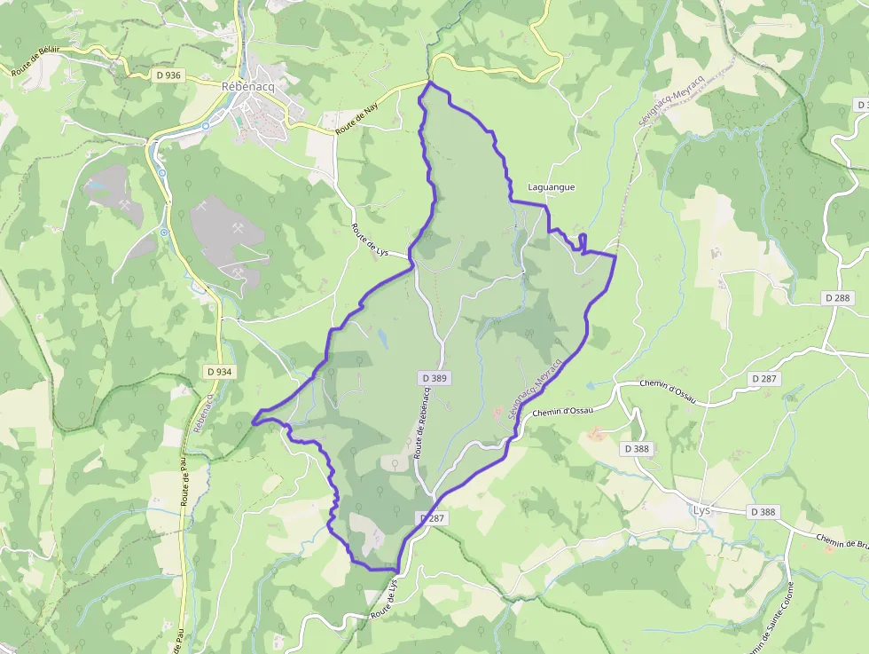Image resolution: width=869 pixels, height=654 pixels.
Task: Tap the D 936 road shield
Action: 168,75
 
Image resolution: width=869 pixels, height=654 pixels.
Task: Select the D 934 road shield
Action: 218,371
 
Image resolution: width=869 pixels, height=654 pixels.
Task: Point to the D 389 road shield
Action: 434,378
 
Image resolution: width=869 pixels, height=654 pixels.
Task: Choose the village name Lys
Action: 701,510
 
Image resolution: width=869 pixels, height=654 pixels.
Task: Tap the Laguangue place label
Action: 552,187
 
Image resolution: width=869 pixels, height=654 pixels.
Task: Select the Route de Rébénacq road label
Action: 424,424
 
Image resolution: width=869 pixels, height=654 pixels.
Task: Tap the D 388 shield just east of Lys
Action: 763,512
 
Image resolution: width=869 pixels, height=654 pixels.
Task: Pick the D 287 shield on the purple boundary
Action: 430,518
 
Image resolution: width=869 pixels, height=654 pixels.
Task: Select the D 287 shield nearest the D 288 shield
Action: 766,378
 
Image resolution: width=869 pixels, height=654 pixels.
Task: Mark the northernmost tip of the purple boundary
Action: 430,83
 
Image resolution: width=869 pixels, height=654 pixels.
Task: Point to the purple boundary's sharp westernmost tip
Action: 253,422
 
